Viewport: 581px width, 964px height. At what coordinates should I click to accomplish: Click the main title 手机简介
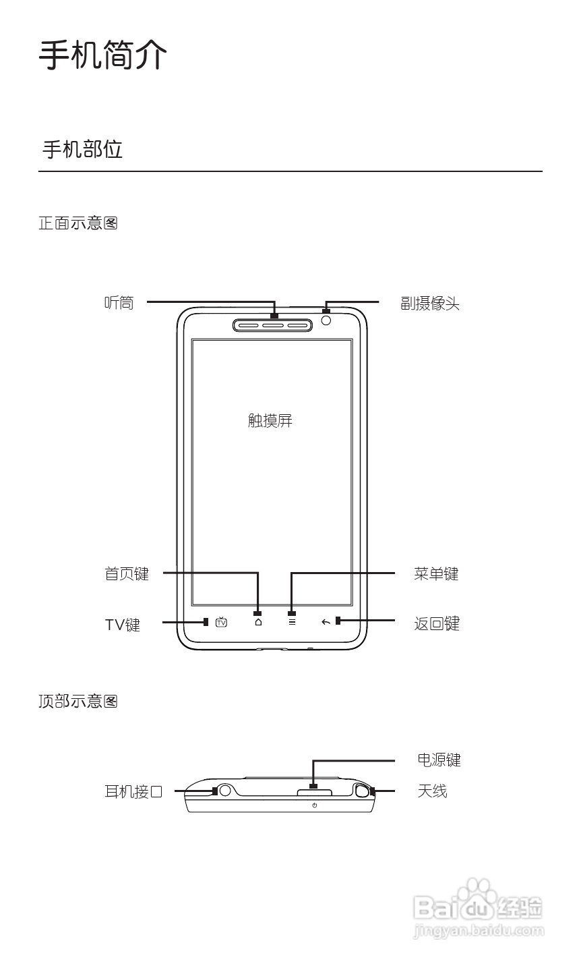click(102, 55)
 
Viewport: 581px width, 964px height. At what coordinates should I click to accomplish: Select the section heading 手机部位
click(82, 149)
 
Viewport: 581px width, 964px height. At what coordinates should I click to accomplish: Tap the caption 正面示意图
click(78, 223)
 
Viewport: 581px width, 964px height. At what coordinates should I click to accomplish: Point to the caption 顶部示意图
click(78, 702)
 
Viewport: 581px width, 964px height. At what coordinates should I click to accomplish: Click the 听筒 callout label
click(119, 303)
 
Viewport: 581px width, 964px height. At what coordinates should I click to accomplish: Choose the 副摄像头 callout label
click(430, 304)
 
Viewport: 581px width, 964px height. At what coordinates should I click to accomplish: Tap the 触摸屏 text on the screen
click(270, 421)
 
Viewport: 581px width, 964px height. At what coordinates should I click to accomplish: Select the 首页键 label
click(127, 574)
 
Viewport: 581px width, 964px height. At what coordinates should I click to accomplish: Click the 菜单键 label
click(436, 574)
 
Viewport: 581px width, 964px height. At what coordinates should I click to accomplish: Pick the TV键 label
click(122, 625)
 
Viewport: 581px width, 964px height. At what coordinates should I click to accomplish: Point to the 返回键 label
click(436, 624)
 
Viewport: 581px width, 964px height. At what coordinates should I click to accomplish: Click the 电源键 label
click(439, 760)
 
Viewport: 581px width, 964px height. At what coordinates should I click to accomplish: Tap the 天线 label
click(432, 791)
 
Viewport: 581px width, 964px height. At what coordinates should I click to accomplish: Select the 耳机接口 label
click(133, 791)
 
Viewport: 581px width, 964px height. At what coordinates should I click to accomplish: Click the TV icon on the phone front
click(221, 622)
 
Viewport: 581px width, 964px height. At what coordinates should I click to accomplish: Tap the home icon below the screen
click(258, 622)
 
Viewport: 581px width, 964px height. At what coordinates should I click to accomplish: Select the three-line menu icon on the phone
click(292, 622)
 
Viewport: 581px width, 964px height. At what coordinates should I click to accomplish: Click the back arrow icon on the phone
click(326, 622)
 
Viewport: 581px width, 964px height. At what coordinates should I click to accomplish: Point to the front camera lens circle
click(327, 320)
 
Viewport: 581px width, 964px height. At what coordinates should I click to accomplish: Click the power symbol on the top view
click(315, 805)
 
